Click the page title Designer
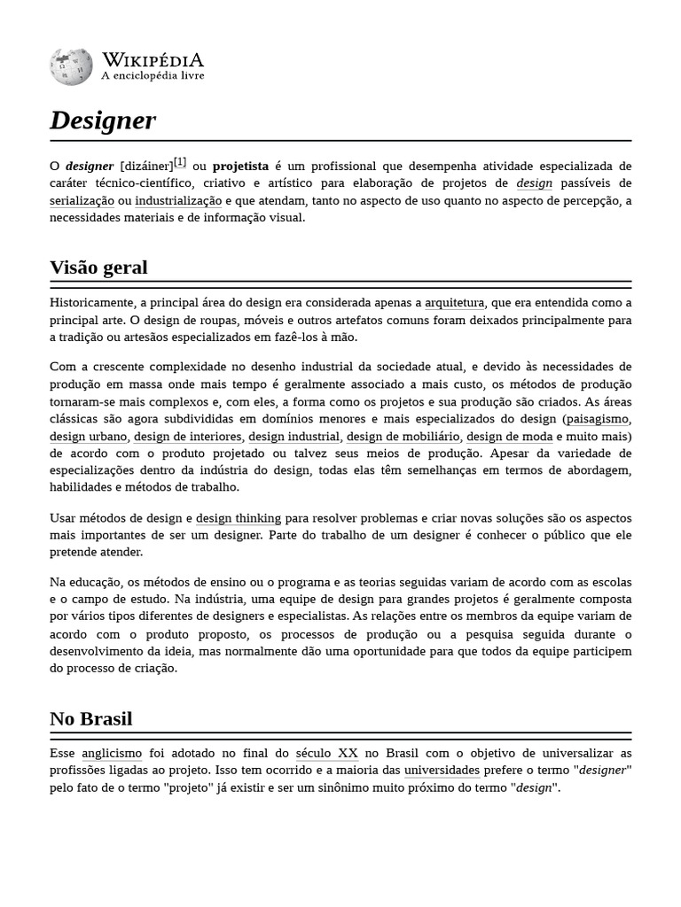pyautogui.click(x=103, y=120)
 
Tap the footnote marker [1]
pyautogui.click(x=180, y=162)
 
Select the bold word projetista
pyautogui.click(x=240, y=167)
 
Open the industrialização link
pyautogui.click(x=178, y=201)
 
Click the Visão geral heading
pyautogui.click(x=98, y=267)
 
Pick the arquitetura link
pyautogui.click(x=455, y=303)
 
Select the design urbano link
pyautogui.click(x=89, y=437)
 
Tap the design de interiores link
pyautogui.click(x=188, y=437)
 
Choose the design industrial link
pyautogui.click(x=294, y=437)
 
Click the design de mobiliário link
pyautogui.click(x=403, y=437)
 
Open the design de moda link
pyautogui.click(x=509, y=437)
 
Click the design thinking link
pyautogui.click(x=239, y=518)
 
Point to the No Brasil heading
pyautogui.click(x=90, y=718)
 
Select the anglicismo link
pyautogui.click(x=112, y=754)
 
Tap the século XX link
pyautogui.click(x=326, y=754)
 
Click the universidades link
pyautogui.click(x=442, y=771)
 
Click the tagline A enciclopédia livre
pyautogui.click(x=153, y=76)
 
